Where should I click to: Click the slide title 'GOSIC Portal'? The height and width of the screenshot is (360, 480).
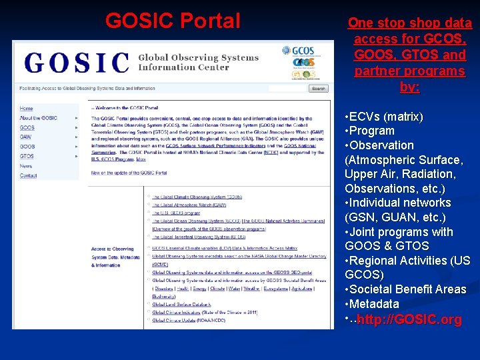[x=173, y=21]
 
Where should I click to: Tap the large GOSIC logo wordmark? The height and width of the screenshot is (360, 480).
[x=77, y=62]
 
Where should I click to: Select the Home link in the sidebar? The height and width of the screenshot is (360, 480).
[x=26, y=108]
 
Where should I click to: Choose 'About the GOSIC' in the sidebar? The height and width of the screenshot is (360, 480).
[x=38, y=118]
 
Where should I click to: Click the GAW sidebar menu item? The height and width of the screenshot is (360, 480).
[x=27, y=137]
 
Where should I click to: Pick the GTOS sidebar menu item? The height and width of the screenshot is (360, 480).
[x=27, y=156]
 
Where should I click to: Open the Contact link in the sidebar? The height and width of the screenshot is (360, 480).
[x=28, y=175]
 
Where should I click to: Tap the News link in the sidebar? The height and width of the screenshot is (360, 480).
[x=25, y=166]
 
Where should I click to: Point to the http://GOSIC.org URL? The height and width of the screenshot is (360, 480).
[x=409, y=320]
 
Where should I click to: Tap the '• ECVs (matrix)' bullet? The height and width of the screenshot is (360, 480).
[x=384, y=117]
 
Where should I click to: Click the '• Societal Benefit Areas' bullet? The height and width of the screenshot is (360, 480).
[x=405, y=289]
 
